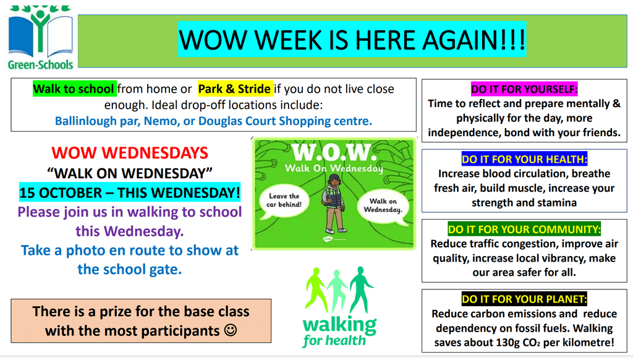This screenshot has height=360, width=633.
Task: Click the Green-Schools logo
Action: [x=40, y=37]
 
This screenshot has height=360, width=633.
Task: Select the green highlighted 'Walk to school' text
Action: [x=74, y=89]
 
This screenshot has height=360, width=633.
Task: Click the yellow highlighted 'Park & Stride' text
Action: [x=234, y=89]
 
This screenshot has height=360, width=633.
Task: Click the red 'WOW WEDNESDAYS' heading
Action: [x=130, y=153]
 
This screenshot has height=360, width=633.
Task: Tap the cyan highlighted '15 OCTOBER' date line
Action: [x=130, y=192]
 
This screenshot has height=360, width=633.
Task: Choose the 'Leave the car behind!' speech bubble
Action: [x=284, y=200]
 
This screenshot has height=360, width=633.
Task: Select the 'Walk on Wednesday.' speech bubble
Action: [x=383, y=205]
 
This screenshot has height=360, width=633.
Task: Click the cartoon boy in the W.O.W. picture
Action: [x=334, y=204]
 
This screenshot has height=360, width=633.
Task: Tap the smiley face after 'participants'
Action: [x=231, y=330]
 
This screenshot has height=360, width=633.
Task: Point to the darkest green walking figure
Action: [x=361, y=289]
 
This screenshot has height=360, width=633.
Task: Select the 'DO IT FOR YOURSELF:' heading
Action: [x=524, y=89]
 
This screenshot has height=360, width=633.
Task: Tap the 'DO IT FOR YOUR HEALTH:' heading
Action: [x=524, y=159]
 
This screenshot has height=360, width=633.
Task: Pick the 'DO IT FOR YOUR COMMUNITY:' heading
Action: [x=524, y=229]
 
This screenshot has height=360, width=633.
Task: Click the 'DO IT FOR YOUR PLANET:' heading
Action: [x=524, y=299]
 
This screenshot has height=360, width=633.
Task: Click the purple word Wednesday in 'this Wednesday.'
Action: [x=143, y=231]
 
